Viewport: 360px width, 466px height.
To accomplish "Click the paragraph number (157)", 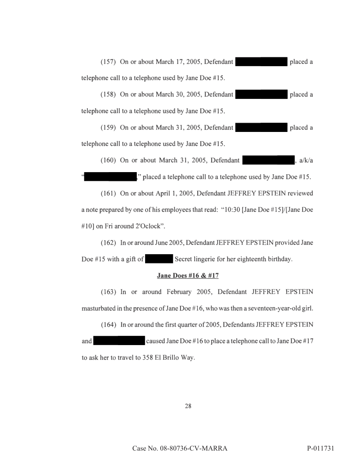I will coord(109,62).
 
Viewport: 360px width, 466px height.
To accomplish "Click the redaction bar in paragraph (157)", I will coord(262,62).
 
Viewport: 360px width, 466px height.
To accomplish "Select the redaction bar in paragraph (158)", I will coord(262,94).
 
